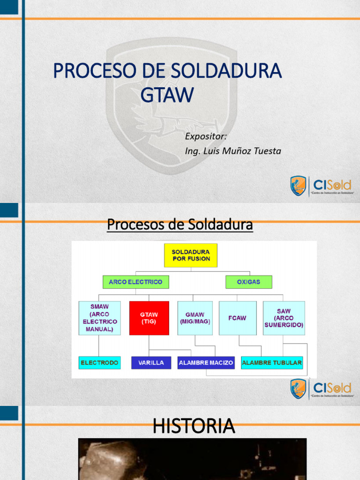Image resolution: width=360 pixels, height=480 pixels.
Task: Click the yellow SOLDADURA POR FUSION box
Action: pos(190,255)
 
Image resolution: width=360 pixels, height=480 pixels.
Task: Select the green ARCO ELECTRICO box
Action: pos(135,282)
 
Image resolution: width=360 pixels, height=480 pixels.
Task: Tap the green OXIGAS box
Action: pos(248,282)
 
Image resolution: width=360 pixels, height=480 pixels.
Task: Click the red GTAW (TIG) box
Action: pos(149,318)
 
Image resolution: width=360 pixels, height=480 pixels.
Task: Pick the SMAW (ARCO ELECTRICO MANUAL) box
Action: pos(99,318)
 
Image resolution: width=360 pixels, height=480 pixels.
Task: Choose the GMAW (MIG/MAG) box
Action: pos(195,318)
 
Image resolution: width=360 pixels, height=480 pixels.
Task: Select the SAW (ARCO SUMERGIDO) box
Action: pos(284,318)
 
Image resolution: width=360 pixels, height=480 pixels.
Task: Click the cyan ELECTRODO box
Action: pos(99,363)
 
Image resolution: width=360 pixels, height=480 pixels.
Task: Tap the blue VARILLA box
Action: pos(151,363)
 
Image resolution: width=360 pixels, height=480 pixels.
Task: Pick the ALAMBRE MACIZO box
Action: pos(206,363)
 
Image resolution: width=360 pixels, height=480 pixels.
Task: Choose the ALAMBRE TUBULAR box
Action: pos(272,363)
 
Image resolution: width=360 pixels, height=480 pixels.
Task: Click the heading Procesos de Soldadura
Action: pos(180,225)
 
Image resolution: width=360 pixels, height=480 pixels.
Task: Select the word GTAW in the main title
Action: pos(167,95)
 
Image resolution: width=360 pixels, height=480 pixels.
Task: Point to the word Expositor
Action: pos(206,136)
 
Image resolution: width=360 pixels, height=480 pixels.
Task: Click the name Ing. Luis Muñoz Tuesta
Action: pos(233,151)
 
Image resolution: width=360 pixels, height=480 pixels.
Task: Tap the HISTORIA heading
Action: pos(194,426)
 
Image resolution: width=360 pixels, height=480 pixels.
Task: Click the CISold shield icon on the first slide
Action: pos(298,186)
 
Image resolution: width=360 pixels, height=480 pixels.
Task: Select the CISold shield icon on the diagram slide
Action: pos(298,389)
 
